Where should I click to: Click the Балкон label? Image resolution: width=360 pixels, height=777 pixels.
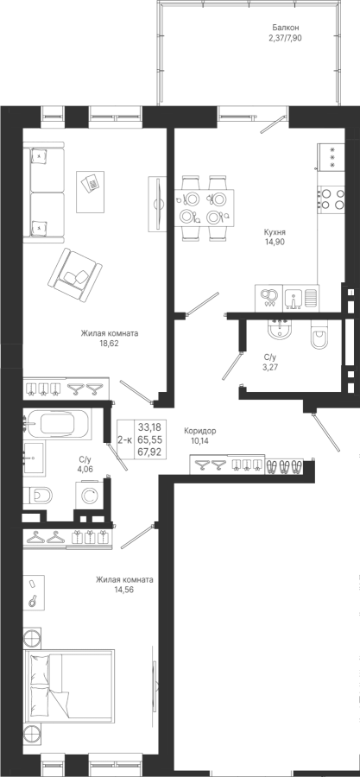click(x=284, y=28)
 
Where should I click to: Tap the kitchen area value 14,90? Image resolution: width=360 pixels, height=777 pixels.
click(x=274, y=242)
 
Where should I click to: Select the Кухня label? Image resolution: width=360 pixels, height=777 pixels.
click(x=275, y=232)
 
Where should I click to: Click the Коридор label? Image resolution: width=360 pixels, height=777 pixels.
click(x=199, y=431)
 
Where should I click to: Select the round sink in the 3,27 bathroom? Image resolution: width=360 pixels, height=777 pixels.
click(x=281, y=329)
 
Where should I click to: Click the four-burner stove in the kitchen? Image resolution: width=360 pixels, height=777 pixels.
click(x=331, y=199)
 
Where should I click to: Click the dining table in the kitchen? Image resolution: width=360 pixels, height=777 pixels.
click(x=204, y=208)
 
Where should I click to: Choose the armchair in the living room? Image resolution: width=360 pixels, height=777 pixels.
click(x=75, y=275)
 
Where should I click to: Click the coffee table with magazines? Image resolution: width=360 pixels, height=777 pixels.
click(x=90, y=192)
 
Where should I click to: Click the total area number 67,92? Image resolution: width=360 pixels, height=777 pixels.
click(x=150, y=451)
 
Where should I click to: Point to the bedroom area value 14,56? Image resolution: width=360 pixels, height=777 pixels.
click(x=124, y=590)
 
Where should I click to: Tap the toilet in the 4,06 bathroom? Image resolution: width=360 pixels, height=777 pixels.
click(x=39, y=495)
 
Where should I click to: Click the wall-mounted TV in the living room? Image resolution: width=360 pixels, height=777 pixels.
click(x=157, y=204)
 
